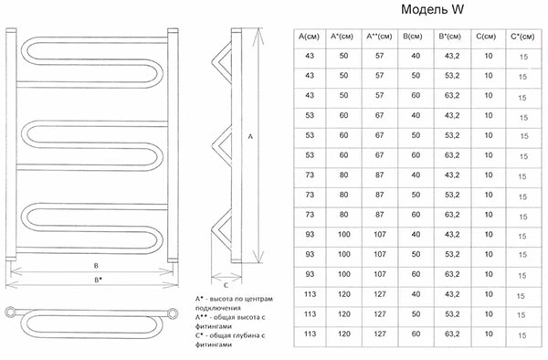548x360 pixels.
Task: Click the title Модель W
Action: [432, 9]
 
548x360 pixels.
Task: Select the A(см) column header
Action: [309, 37]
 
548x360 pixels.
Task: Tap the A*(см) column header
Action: [342, 37]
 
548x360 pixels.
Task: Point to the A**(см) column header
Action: [379, 37]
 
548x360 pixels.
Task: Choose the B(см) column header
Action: [413, 37]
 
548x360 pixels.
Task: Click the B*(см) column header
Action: [449, 37]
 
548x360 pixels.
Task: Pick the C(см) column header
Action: [486, 37]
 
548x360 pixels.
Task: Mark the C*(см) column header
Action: [522, 37]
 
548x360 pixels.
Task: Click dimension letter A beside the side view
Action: [250, 137]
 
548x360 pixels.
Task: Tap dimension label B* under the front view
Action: [98, 280]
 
